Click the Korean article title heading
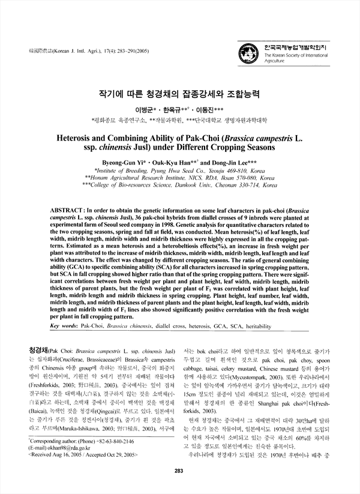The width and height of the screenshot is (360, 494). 179,95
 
